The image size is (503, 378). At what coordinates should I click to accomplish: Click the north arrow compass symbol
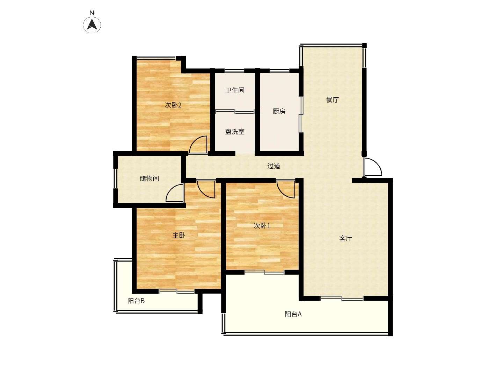pyautogui.click(x=92, y=25)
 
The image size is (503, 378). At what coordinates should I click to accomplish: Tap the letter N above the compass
pyautogui.click(x=92, y=13)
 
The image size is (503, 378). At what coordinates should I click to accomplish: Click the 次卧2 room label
pyautogui.click(x=173, y=105)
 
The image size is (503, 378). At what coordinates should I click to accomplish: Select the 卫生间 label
pyautogui.click(x=235, y=90)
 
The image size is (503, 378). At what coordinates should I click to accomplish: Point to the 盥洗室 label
pyautogui.click(x=235, y=132)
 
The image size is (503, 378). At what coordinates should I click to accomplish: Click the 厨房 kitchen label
pyautogui.click(x=279, y=111)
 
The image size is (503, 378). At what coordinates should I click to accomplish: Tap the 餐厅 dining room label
pyautogui.click(x=332, y=100)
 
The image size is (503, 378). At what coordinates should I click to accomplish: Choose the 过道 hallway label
pyautogui.click(x=274, y=166)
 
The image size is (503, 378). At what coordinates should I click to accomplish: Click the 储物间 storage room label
pyautogui.click(x=149, y=178)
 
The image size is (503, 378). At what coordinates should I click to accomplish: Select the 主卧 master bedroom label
pyautogui.click(x=178, y=235)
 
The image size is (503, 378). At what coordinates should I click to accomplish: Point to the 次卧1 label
pyautogui.click(x=262, y=226)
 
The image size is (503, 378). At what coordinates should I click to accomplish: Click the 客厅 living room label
pyautogui.click(x=345, y=238)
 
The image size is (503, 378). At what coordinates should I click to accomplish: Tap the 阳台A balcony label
pyautogui.click(x=293, y=314)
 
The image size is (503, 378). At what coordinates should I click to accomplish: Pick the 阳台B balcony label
pyautogui.click(x=136, y=301)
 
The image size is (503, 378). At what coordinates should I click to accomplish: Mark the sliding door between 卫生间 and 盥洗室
pyautogui.click(x=235, y=112)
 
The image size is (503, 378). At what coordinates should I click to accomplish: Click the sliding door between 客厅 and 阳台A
pyautogui.click(x=341, y=298)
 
